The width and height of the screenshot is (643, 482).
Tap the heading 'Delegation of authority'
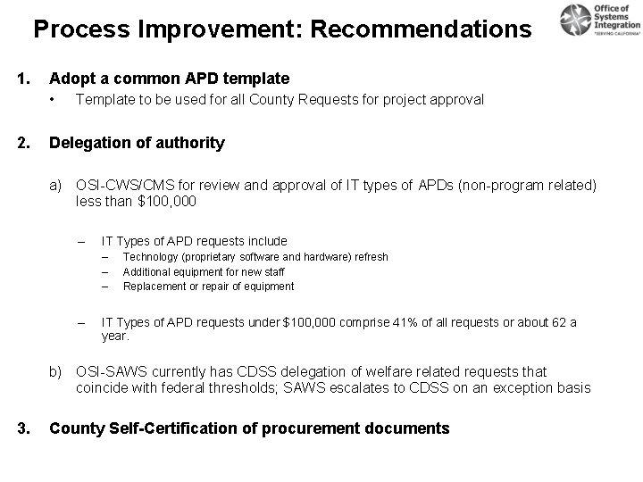click(x=137, y=143)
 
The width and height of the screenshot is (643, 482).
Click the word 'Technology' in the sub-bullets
click(x=149, y=257)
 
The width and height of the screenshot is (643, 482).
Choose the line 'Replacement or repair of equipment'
click(x=207, y=287)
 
